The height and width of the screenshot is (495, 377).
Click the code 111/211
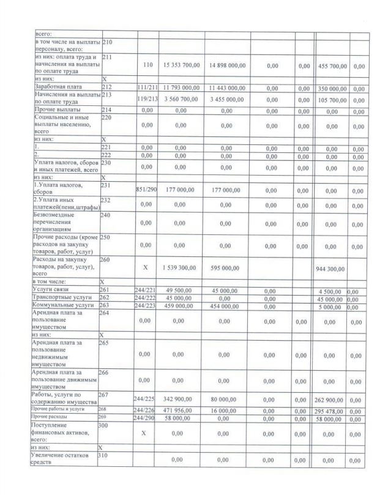click(x=147, y=89)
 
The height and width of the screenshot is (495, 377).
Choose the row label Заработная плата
click(x=59, y=87)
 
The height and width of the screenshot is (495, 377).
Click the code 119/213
click(x=147, y=99)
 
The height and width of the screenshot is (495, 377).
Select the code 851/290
click(x=147, y=190)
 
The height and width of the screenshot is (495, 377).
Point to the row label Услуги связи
click(x=53, y=288)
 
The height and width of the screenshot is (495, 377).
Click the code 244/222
click(x=147, y=298)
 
